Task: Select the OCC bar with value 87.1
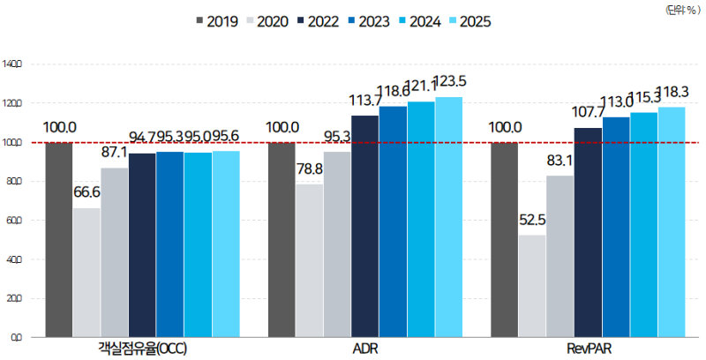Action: pos(115,251)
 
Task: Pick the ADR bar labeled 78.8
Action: pos(309,259)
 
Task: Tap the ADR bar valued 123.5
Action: pos(448,216)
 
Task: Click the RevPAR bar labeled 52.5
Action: pos(532,285)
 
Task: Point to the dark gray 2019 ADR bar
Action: pos(282,238)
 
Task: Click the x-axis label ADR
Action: pos(364,349)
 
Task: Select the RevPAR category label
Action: pos(588,349)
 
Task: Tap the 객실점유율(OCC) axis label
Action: pos(142,349)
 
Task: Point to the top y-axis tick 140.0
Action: pos(15,64)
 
